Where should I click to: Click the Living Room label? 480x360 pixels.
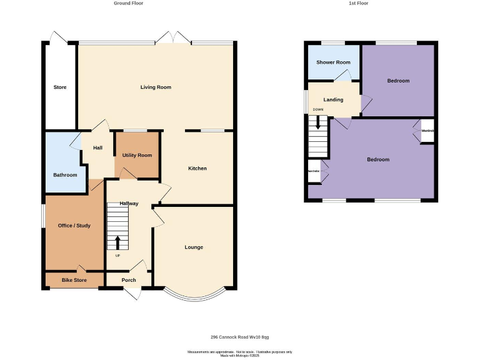pyautogui.click(x=156, y=87)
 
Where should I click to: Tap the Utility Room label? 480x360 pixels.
pyautogui.click(x=137, y=155)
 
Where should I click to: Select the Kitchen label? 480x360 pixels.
pyautogui.click(x=197, y=169)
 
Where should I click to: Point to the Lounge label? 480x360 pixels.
pyautogui.click(x=194, y=247)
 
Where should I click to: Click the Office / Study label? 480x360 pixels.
pyautogui.click(x=74, y=226)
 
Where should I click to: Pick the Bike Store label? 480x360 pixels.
pyautogui.click(x=74, y=280)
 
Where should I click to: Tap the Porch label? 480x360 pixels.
pyautogui.click(x=129, y=280)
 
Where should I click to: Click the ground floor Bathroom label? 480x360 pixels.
pyautogui.click(x=65, y=175)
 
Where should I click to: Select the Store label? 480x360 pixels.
pyautogui.click(x=60, y=87)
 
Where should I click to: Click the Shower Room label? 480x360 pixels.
pyautogui.click(x=333, y=62)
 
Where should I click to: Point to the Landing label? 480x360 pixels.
pyautogui.click(x=333, y=100)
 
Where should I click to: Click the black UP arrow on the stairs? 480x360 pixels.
pyautogui.click(x=118, y=242)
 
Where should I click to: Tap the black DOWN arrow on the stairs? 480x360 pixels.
pyautogui.click(x=318, y=122)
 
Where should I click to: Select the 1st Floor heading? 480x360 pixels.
pyautogui.click(x=358, y=4)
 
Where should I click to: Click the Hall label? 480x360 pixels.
pyautogui.click(x=97, y=148)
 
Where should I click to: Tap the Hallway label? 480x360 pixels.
pyautogui.click(x=129, y=204)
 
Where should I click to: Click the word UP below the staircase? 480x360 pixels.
pyautogui.click(x=117, y=255)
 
